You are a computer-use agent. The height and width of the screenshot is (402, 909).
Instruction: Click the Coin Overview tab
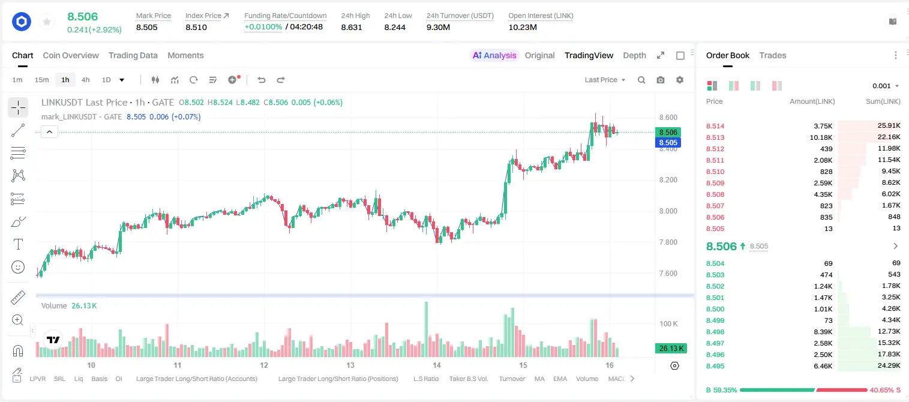pos(71,55)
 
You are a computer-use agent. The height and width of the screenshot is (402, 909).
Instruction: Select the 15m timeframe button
pos(41,80)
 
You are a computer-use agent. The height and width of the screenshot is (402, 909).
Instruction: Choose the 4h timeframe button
pos(85,80)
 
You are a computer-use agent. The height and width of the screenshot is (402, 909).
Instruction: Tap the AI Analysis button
pos(494,55)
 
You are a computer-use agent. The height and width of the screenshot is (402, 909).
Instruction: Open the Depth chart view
pos(634,55)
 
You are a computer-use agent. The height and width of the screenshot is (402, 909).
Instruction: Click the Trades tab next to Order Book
pos(773,55)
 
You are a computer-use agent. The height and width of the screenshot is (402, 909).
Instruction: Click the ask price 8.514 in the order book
pos(715,126)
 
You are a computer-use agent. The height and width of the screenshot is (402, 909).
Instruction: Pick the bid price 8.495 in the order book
pos(715,366)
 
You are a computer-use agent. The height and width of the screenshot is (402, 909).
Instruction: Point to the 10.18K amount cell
pos(821,137)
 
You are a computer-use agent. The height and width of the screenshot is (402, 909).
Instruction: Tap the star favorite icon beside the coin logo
pos(47,22)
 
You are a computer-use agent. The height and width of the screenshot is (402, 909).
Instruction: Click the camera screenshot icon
pos(661,80)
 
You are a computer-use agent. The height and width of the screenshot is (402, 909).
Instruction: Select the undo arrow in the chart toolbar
pos(262,80)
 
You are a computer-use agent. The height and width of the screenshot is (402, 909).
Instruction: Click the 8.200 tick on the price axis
pos(668,180)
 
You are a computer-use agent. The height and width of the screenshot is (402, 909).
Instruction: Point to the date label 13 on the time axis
pos(350,365)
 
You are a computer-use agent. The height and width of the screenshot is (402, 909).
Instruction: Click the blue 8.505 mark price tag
pos(668,142)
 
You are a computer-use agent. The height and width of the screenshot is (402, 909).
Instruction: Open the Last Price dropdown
pos(605,80)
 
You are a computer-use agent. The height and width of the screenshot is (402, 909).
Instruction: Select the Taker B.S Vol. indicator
pos(468,379)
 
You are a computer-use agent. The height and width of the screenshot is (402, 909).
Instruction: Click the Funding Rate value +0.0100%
pos(263,27)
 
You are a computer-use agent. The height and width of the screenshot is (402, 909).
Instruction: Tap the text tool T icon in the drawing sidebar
pos(18,244)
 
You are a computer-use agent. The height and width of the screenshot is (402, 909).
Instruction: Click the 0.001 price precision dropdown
pos(886,86)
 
